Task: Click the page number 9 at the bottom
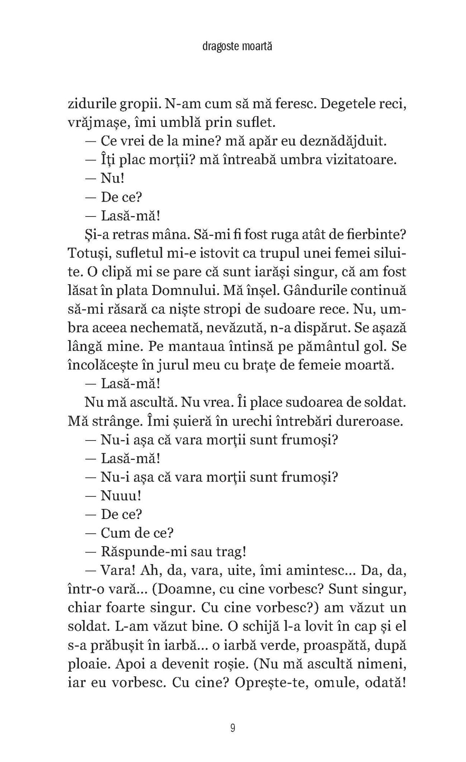(x=233, y=728)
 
